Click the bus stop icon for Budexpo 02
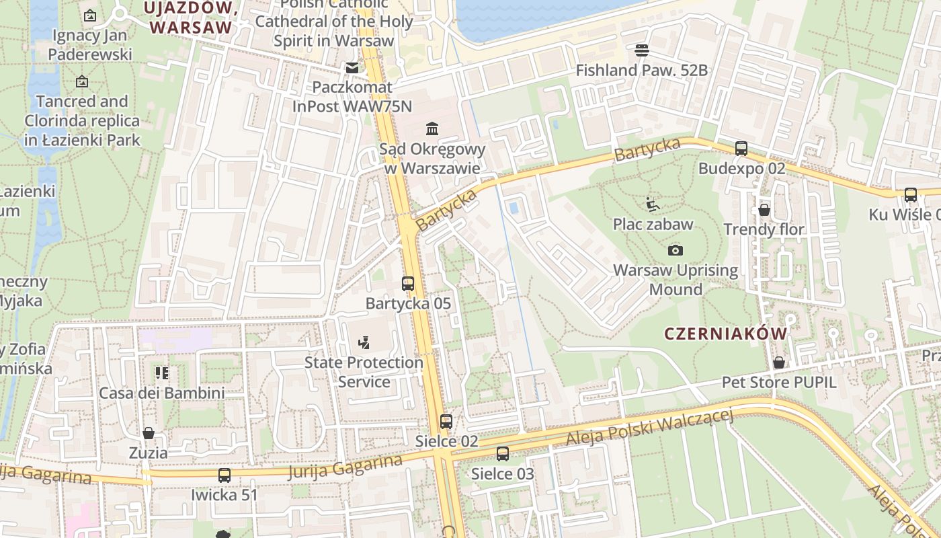click(741, 149)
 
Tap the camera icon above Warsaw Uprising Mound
click(676, 251)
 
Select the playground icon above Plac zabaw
click(651, 204)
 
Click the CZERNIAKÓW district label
click(725, 334)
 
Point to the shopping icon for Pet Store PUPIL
click(779, 362)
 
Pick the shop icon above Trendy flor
click(764, 210)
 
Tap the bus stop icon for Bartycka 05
click(408, 284)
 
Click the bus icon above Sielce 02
click(446, 422)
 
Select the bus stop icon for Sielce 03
click(503, 454)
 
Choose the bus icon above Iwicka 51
click(224, 475)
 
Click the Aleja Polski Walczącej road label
click(649, 429)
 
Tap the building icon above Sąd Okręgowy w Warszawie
click(432, 128)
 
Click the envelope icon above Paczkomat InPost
click(352, 68)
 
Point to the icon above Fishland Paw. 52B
click(642, 50)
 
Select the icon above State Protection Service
click(364, 343)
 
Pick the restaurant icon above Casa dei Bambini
click(162, 373)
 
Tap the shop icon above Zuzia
click(149, 433)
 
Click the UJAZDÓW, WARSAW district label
click(192, 17)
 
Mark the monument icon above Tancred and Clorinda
click(82, 81)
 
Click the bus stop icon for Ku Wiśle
click(911, 195)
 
